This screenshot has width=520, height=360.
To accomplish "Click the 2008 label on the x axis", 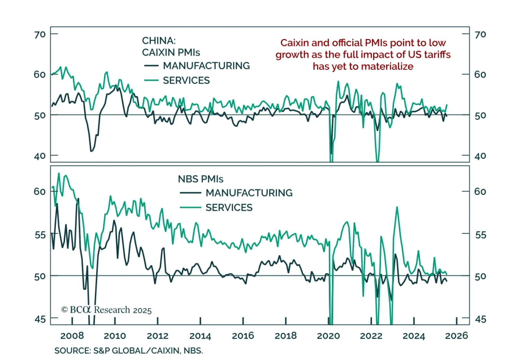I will coord(72,336).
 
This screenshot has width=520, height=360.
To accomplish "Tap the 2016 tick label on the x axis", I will coord(243,336).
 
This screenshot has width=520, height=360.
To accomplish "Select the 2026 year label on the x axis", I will coord(456,336).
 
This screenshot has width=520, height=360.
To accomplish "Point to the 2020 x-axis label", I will coord(328,336).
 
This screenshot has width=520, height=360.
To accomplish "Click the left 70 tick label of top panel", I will coord(40,34).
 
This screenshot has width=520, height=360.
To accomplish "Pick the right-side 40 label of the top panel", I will coord(480,156).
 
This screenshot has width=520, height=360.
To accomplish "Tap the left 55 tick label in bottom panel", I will coord(40,235).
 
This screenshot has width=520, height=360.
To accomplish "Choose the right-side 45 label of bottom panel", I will coord(480,319).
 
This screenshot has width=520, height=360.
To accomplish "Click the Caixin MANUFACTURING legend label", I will coord(206,66).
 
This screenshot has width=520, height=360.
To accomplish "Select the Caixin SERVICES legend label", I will coord(186,80).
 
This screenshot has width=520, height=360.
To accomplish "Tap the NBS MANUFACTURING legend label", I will coord(249,193).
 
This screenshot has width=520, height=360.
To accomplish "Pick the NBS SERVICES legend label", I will coord(229,207).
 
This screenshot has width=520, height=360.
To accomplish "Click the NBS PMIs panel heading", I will coord(201,179).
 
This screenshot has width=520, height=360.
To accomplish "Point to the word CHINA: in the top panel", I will coord(159,41).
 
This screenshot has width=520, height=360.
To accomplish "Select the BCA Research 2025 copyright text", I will coord(106,310).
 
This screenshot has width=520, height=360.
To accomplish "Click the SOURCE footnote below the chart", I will coord(128,351).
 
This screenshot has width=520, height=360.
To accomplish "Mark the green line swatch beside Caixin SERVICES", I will coord(151,80).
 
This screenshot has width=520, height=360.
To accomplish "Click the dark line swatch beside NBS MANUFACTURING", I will coord(190,193).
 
